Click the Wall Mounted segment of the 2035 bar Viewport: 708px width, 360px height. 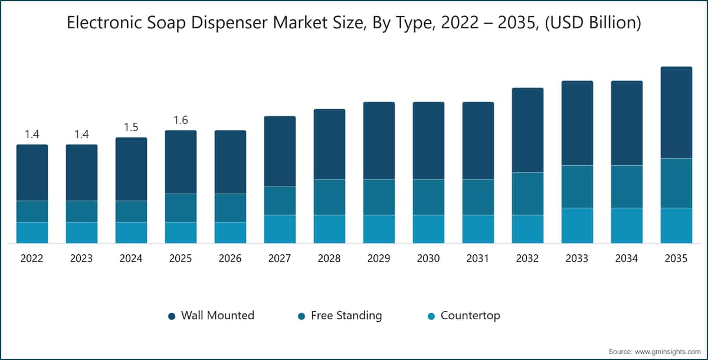[676, 112]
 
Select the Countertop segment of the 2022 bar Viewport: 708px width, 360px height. [32, 233]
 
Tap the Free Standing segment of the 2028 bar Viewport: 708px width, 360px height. [329, 197]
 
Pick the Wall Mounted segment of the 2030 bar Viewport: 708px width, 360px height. [428, 140]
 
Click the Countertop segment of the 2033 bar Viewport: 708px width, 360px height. [577, 225]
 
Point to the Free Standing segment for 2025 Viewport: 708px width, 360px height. [181, 208]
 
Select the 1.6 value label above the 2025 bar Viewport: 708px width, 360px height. [181, 120]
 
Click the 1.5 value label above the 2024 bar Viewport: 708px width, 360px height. [131, 127]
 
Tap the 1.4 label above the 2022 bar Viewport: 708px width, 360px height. [32, 135]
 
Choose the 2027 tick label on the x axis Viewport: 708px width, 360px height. [280, 258]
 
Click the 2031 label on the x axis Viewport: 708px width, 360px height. [478, 258]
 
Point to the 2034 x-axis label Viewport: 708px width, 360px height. [627, 258]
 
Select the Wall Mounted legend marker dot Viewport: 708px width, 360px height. [172, 316]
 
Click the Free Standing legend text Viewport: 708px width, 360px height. [346, 315]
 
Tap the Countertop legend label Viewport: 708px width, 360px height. [470, 315]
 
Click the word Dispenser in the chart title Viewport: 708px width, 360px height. [229, 23]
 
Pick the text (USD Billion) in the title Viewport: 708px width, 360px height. [593, 23]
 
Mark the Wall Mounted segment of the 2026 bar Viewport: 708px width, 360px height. [231, 162]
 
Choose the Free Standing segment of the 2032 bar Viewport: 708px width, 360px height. [528, 194]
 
